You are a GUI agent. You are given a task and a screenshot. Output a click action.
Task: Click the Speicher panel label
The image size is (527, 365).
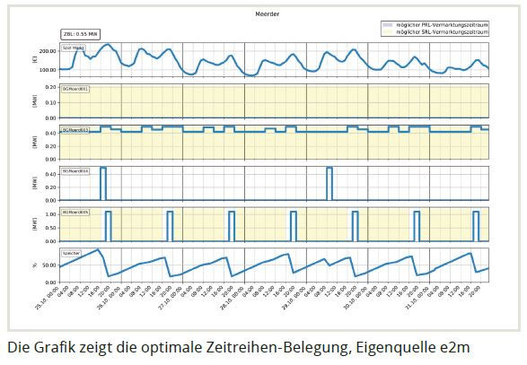point(72,254)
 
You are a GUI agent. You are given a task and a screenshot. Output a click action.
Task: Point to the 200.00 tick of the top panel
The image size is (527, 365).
point(48,51)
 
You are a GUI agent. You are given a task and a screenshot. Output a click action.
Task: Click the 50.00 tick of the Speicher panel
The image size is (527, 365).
point(49,265)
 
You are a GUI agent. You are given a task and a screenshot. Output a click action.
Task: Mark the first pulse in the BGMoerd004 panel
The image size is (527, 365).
point(102,183)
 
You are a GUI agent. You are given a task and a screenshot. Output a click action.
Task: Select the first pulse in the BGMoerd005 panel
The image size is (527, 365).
point(109,225)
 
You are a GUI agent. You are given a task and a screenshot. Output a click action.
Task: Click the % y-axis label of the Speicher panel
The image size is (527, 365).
point(34,265)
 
